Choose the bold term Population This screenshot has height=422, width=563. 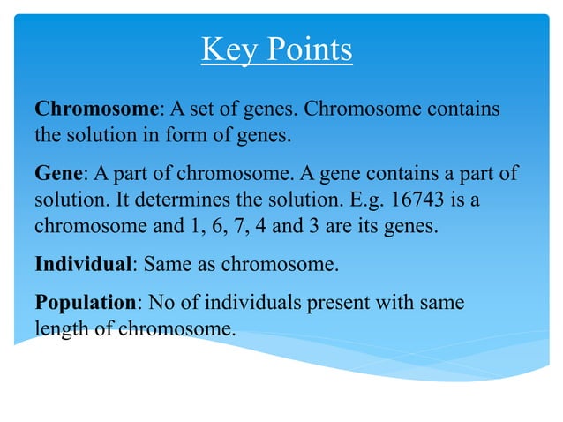click(x=86, y=302)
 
